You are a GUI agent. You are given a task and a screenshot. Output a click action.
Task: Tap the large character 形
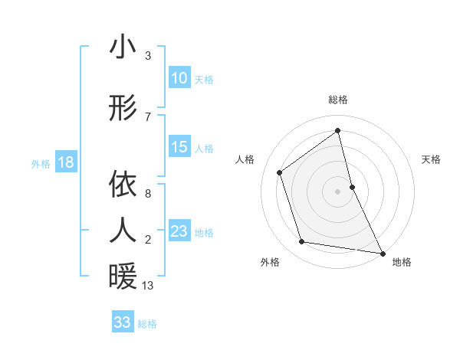click(123, 108)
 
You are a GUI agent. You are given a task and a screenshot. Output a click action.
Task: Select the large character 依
click(123, 185)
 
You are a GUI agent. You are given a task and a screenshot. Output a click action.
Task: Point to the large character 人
click(123, 230)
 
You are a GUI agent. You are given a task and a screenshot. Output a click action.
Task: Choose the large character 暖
click(123, 276)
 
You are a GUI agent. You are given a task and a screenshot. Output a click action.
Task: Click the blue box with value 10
click(179, 78)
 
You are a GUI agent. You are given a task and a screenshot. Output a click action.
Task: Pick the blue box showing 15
click(179, 147)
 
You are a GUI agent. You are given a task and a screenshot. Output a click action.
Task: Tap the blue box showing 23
click(179, 231)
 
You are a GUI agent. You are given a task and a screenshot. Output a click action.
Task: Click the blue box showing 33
click(123, 322)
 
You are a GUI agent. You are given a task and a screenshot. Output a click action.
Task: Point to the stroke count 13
click(148, 286)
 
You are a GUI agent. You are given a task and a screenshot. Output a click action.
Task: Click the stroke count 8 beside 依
click(148, 194)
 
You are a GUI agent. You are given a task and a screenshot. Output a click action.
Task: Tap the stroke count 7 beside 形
click(148, 116)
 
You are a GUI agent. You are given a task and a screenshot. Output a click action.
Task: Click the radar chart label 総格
click(338, 100)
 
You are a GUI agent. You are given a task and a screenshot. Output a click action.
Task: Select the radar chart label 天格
click(432, 159)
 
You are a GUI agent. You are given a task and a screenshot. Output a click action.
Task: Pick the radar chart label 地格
click(402, 262)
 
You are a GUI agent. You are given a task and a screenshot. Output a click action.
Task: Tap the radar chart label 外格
click(270, 262)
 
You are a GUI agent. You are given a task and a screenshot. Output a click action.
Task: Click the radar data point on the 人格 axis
click(279, 172)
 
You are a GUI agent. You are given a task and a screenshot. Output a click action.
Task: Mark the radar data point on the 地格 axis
click(383, 253)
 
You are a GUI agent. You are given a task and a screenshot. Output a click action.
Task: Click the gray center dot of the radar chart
click(337, 191)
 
